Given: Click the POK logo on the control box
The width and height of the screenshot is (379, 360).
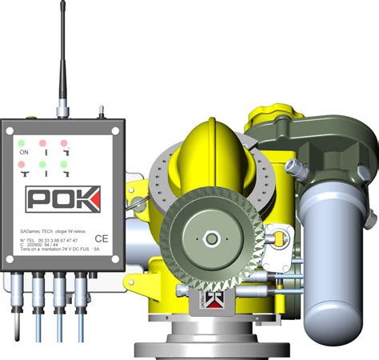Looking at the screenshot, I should pyautogui.click(x=62, y=198).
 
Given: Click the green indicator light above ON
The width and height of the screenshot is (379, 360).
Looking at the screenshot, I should pyautogui.click(x=22, y=144).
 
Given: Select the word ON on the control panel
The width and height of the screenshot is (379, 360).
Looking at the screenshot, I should pyautogui.click(x=23, y=152).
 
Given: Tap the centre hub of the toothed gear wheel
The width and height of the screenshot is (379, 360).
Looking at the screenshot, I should pyautogui.click(x=210, y=238).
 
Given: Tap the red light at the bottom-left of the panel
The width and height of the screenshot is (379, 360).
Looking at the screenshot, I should pyautogui.click(x=22, y=165).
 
